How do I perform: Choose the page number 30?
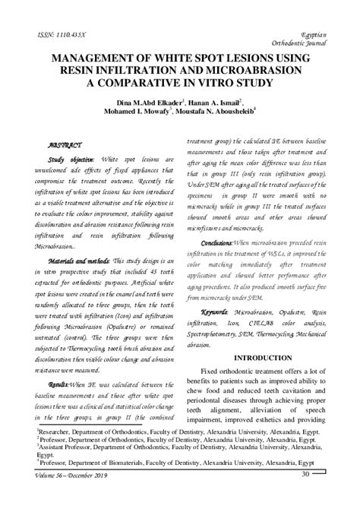305,476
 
